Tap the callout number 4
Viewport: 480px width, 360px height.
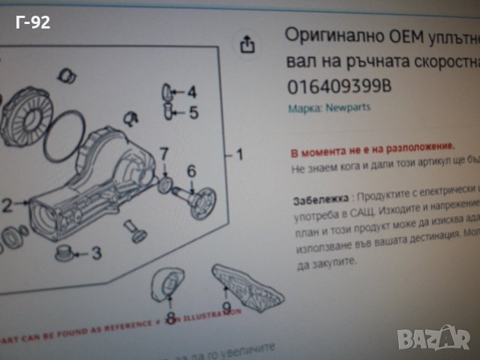coord(192,93)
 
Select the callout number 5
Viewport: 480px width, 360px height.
coord(193,114)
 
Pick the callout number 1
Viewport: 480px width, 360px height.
coord(239,155)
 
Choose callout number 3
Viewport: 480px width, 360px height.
coord(96,253)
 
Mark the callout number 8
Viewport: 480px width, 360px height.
coord(171,319)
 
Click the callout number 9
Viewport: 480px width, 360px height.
coord(226,307)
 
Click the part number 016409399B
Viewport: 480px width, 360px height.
coord(339,86)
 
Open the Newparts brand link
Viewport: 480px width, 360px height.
coord(347,107)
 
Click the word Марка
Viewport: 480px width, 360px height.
coord(304,107)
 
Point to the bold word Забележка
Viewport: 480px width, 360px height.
coord(319,200)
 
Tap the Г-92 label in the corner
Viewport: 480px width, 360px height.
coord(33,22)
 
